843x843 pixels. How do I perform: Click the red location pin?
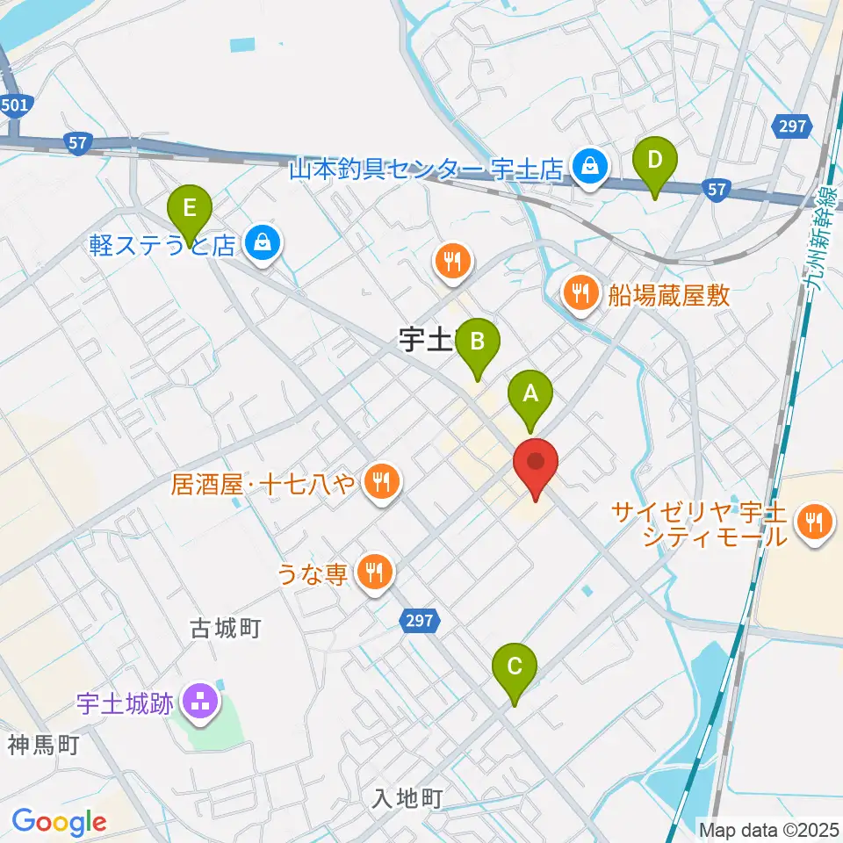[535, 463]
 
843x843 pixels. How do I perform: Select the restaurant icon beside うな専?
[375, 573]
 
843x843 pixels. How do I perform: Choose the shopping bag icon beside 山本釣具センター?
[588, 164]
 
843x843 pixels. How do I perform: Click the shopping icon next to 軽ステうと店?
[263, 243]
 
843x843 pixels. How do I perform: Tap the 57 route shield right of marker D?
[717, 188]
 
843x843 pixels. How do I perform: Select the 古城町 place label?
[227, 629]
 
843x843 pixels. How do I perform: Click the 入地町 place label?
[407, 798]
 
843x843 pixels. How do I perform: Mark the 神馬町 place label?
[44, 746]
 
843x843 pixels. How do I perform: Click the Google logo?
[59, 822]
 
